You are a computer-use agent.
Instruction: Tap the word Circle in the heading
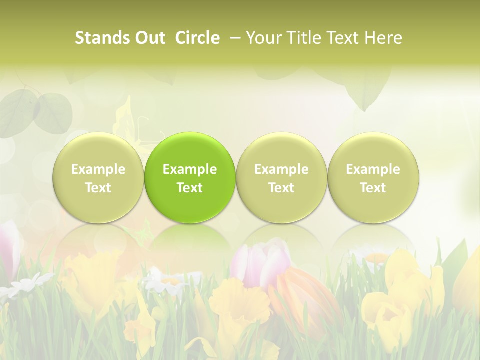pos(197,38)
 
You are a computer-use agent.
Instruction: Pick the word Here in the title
pos(384,38)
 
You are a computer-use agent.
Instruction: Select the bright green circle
pos(190,178)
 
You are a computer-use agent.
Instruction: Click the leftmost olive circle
pos(98,178)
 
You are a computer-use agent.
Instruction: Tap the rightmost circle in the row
pos(373,178)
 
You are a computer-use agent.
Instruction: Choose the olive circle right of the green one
pos(281,178)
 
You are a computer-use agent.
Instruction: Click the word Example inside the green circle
pos(190,169)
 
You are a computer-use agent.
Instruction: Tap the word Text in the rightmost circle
pos(373,188)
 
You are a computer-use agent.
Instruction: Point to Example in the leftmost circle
pos(98,169)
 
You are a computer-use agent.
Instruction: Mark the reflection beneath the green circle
pos(190,240)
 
